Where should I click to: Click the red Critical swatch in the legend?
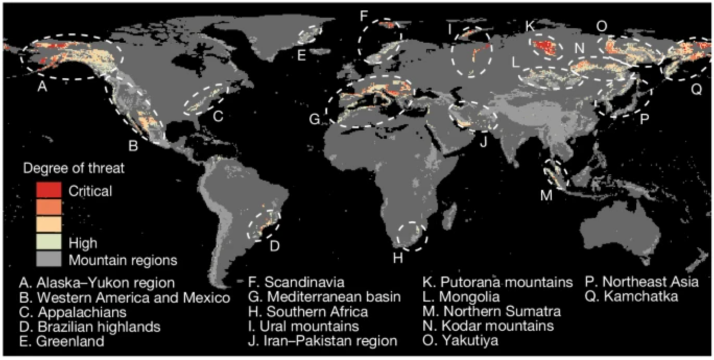click(x=49, y=191)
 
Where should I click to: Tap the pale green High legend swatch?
click(x=49, y=243)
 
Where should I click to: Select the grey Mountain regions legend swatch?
click(x=49, y=259)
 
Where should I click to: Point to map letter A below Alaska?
click(x=43, y=88)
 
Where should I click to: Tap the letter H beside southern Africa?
click(x=398, y=257)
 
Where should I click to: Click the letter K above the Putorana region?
click(x=529, y=26)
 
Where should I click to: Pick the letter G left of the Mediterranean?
click(x=314, y=120)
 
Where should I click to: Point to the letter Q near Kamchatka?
click(x=696, y=89)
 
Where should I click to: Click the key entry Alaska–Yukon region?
click(x=97, y=283)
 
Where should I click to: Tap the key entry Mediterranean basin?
click(x=332, y=297)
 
